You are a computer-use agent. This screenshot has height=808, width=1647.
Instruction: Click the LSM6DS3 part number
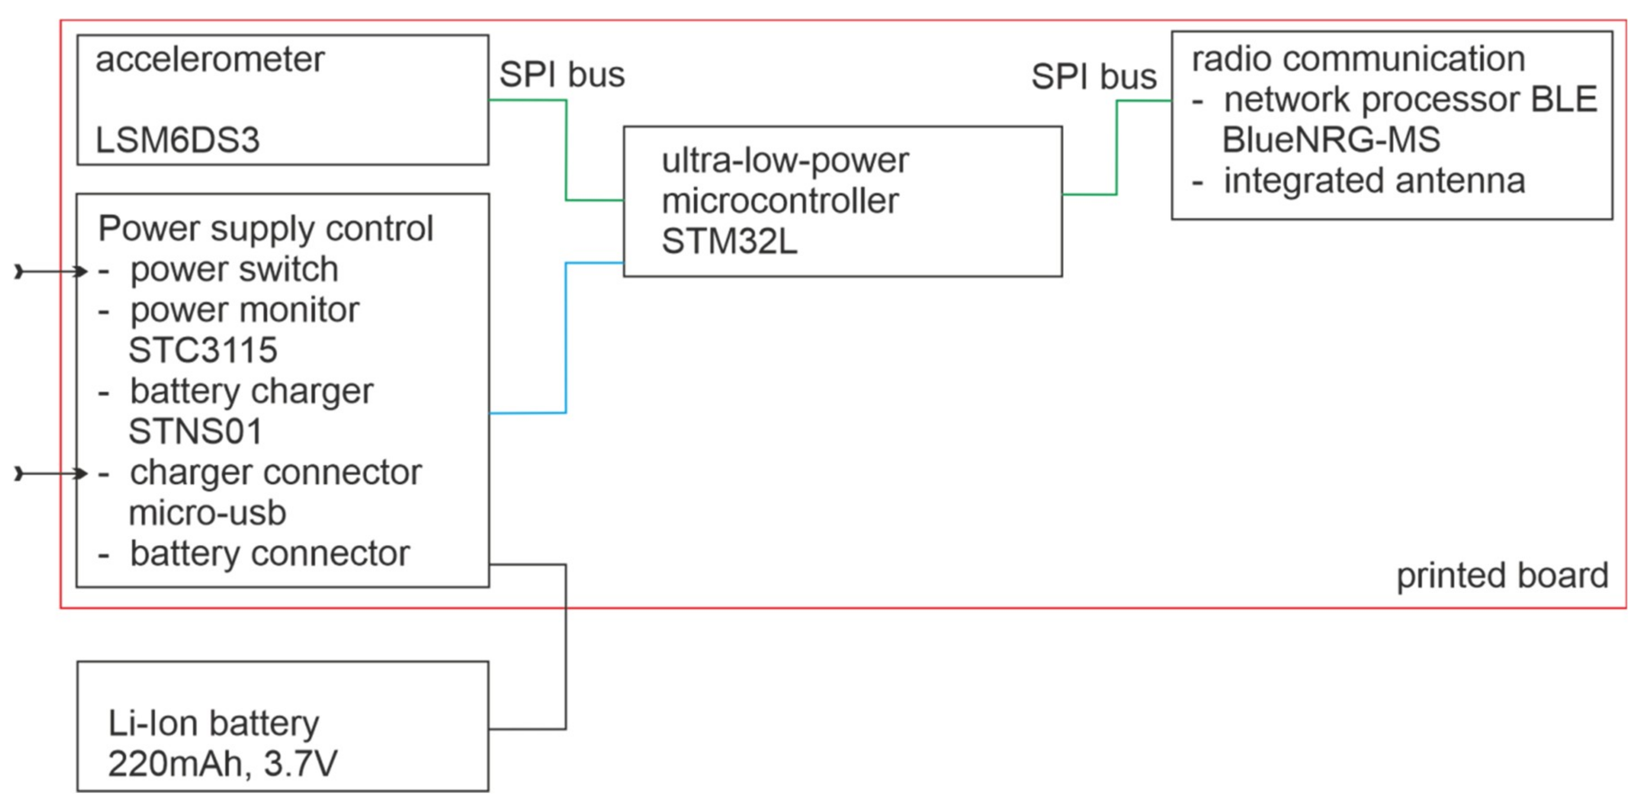click(177, 140)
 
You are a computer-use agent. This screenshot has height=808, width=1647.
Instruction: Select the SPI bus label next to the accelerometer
click(561, 75)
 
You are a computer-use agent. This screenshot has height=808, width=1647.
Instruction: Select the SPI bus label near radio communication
click(1093, 77)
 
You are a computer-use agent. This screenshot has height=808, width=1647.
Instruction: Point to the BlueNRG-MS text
click(1331, 140)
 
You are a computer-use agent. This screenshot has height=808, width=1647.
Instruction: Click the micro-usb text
click(207, 513)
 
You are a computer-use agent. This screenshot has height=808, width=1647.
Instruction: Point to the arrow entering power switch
click(51, 272)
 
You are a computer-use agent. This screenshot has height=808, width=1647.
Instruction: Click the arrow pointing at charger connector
click(51, 473)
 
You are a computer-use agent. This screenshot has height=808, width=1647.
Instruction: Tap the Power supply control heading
click(265, 229)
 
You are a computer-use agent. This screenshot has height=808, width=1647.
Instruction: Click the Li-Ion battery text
click(213, 723)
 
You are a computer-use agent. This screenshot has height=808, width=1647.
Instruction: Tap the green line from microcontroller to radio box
click(1116, 147)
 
